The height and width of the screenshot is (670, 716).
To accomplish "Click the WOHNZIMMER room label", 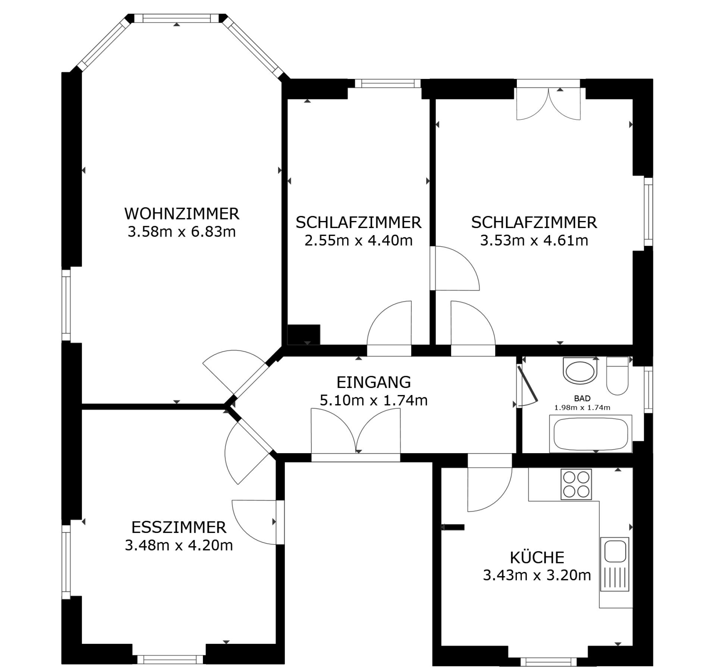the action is coord(182,214).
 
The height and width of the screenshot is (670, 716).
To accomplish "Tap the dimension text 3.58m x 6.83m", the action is coord(182,232).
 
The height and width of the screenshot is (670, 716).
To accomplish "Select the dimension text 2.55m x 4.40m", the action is coord(358,240).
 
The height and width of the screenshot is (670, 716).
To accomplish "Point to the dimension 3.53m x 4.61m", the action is coord(534,240).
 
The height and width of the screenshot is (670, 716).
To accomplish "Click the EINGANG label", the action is coord(374,382).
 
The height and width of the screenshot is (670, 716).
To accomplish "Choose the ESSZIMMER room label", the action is coord(179,527).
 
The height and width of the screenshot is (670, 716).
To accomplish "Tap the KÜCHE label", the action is coord(537,557).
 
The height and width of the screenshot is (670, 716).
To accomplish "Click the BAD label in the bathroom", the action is coord(582,398).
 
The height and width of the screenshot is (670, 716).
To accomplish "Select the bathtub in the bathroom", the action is coord(591,434).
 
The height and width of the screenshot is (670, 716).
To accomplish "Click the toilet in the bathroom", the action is coord(618,376).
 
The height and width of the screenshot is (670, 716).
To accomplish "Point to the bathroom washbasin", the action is coord(580,370).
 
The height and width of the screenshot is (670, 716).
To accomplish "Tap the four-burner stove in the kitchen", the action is coord(576,484).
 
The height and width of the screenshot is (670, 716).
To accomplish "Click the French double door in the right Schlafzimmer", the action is coord(548,100).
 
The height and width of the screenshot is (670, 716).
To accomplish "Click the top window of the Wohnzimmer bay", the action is coord(177,19).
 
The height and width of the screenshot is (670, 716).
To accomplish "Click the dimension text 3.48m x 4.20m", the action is coord(179,545).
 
